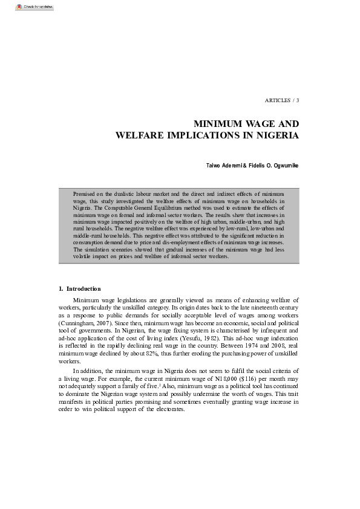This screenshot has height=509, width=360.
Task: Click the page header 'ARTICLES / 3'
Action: (282, 99)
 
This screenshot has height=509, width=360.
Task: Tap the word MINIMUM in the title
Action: (223, 124)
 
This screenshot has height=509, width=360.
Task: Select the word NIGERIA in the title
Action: (276, 135)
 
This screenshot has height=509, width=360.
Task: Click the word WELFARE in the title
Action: (139, 135)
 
